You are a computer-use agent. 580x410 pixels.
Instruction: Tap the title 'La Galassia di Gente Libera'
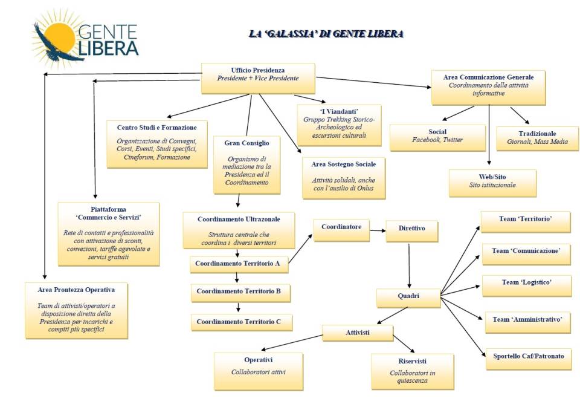[x=326, y=34]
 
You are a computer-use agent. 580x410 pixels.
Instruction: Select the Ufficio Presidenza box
[x=258, y=78]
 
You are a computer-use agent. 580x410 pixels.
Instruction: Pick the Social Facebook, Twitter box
[x=437, y=137]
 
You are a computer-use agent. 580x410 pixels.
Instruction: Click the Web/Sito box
[x=492, y=183]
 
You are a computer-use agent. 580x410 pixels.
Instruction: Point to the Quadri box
[x=408, y=298]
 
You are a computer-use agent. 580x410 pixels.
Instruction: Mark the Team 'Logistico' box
[x=526, y=285]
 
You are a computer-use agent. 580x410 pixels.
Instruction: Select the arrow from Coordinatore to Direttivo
[x=378, y=230]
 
